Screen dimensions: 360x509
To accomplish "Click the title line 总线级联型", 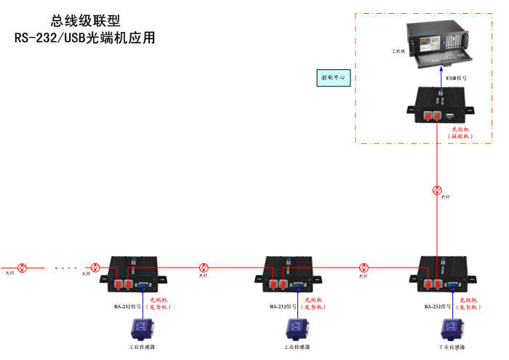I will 85,21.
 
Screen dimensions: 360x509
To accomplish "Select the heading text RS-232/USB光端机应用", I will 85,38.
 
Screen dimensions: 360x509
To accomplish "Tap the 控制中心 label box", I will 334,77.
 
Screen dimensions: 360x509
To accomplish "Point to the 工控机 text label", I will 397,52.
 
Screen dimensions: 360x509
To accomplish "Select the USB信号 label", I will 456,77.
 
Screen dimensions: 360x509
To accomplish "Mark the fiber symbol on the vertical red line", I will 437,190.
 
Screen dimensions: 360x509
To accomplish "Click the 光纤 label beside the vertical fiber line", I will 446,197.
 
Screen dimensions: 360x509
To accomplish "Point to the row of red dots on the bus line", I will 65,268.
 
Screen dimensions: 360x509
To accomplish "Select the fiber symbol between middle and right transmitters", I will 364,268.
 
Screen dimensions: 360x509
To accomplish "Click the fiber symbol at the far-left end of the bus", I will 22,268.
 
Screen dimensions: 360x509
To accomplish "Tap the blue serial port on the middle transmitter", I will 297,285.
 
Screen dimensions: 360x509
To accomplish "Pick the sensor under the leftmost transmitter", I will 138,329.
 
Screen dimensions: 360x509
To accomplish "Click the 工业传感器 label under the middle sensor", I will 297,348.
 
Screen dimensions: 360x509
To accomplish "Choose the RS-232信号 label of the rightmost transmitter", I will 438,306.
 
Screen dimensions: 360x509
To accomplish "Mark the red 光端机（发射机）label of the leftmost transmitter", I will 159,303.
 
